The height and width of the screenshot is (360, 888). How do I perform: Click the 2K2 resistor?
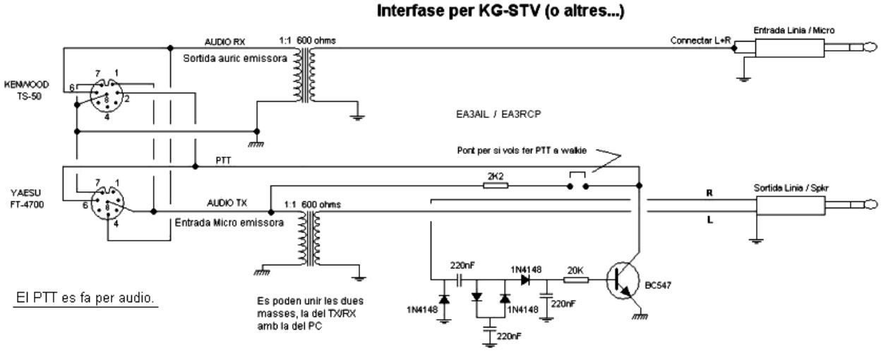tap(494, 186)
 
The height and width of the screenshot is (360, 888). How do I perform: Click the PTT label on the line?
tap(225, 161)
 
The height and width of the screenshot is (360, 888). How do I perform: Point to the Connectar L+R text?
tap(697, 41)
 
